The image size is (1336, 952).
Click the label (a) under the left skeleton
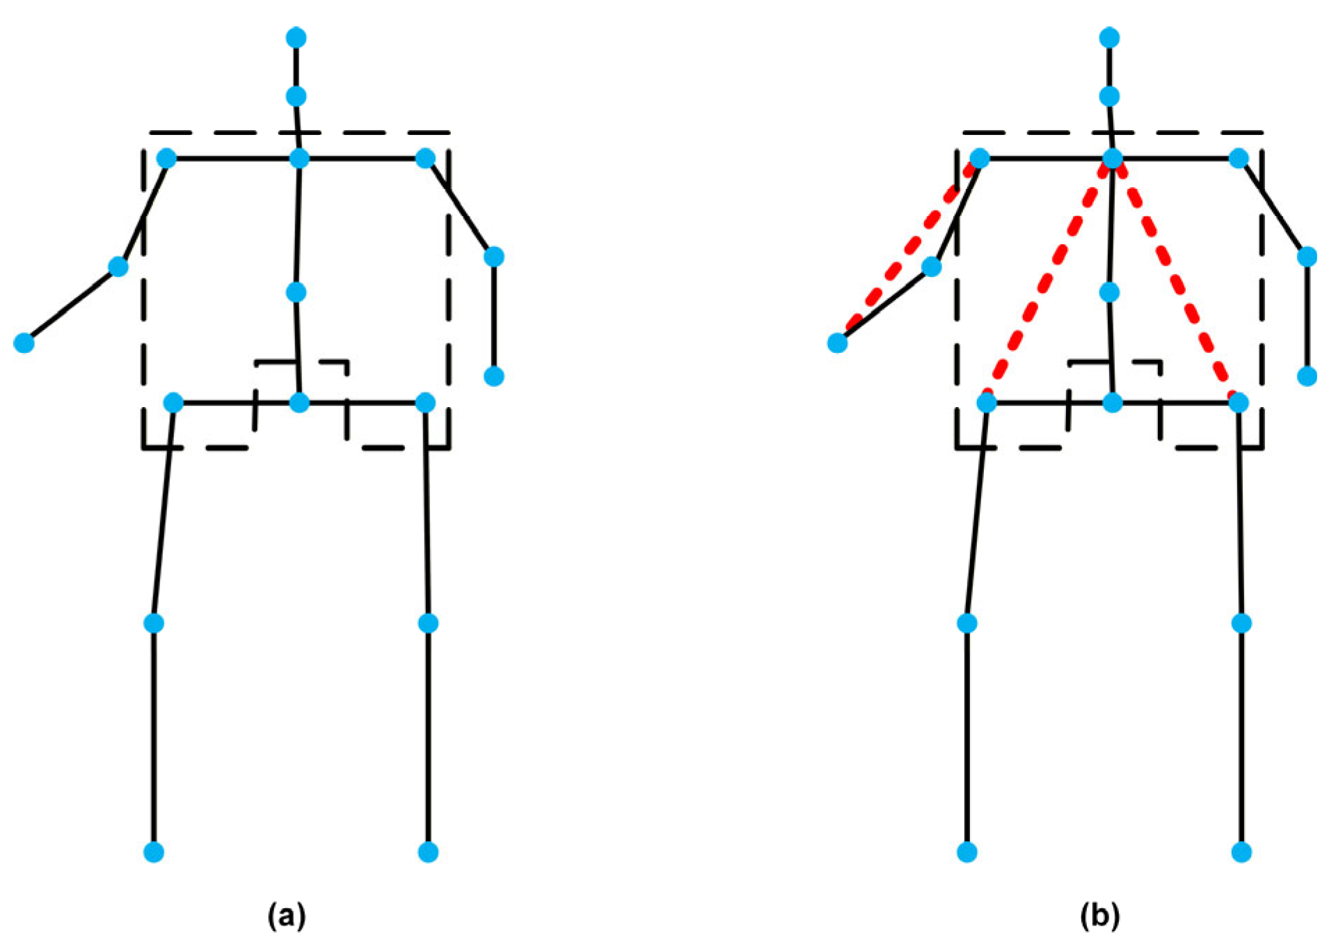pyautogui.click(x=286, y=916)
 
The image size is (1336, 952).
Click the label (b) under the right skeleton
pyautogui.click(x=1099, y=916)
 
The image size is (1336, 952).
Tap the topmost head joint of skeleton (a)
pyautogui.click(x=296, y=37)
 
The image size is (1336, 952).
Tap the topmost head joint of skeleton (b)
pyautogui.click(x=1110, y=37)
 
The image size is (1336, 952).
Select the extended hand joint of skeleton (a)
pyautogui.click(x=24, y=343)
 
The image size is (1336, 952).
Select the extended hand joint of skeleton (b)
pyautogui.click(x=838, y=343)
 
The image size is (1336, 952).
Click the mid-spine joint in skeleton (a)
pyautogui.click(x=296, y=292)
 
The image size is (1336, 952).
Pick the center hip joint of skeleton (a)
pyautogui.click(x=299, y=402)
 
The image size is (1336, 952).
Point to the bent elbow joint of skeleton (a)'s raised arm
pyautogui.click(x=118, y=267)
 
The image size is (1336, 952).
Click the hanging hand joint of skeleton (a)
pyautogui.click(x=494, y=376)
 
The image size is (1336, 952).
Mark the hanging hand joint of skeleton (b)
pyautogui.click(x=1307, y=376)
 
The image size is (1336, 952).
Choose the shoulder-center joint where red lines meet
pyautogui.click(x=1113, y=159)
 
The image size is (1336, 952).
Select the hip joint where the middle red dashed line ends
pyautogui.click(x=987, y=402)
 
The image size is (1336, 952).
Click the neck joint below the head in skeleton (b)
pyautogui.click(x=1110, y=96)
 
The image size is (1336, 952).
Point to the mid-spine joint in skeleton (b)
pyautogui.click(x=1110, y=292)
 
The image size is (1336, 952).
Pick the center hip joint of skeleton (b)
pyautogui.click(x=1113, y=402)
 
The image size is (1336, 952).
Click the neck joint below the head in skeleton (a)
pyautogui.click(x=296, y=96)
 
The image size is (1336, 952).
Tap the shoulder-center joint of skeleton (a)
pyautogui.click(x=299, y=159)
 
